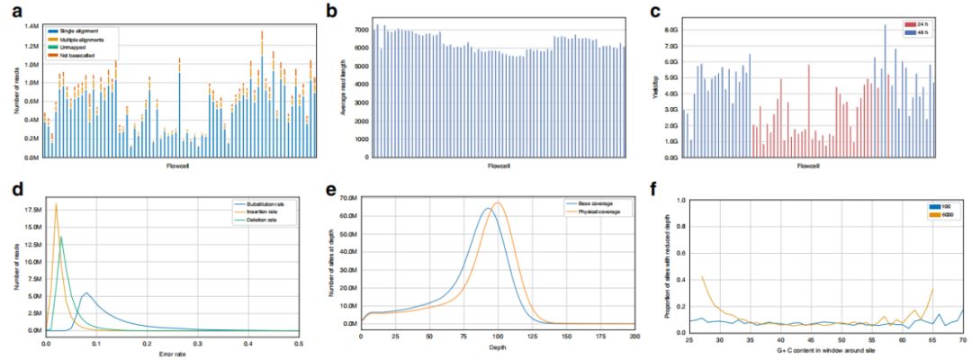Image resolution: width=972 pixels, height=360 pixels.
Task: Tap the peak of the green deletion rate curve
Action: point(61,238)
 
